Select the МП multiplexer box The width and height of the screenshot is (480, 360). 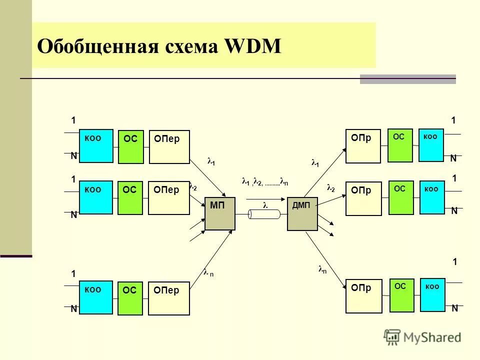click(220, 213)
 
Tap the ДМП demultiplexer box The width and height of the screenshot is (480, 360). click(302, 213)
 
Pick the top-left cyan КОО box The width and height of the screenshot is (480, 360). click(96, 145)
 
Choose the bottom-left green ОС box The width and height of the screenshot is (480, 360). click(130, 298)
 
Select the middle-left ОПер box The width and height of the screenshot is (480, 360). click(169, 198)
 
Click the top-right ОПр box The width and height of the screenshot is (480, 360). click(363, 146)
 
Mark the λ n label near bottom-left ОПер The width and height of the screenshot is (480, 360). click(208, 273)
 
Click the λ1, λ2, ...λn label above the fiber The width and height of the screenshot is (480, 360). click(264, 182)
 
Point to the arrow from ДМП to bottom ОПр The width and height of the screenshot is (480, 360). click(325, 260)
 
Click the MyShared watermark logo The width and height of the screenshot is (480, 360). click(422, 337)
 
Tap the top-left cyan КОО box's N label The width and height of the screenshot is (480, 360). click(73, 156)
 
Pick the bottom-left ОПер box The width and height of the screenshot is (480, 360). click(169, 298)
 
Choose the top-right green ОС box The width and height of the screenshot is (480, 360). click(400, 145)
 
